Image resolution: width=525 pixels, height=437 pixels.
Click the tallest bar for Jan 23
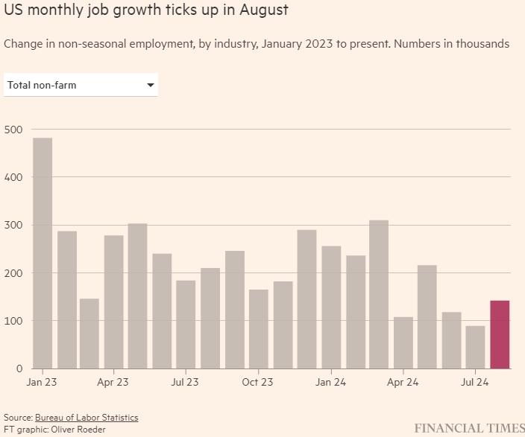click(x=43, y=253)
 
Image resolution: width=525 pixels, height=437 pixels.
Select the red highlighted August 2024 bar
click(x=500, y=334)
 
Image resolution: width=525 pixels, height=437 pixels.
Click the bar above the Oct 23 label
click(x=259, y=328)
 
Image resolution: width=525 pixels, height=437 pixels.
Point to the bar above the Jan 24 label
click(x=331, y=307)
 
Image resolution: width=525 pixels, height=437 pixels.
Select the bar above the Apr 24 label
click(x=403, y=342)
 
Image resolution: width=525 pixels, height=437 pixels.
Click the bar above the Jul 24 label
click(x=475, y=347)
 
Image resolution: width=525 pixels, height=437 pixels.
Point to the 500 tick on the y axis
click(x=14, y=130)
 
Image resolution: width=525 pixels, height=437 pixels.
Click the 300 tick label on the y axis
click(x=14, y=226)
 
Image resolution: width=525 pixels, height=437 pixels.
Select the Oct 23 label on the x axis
click(x=257, y=383)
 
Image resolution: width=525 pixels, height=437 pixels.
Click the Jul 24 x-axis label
click(x=474, y=383)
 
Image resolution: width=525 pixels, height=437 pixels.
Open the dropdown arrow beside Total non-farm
click(x=151, y=86)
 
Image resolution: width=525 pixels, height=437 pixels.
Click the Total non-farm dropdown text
click(x=42, y=86)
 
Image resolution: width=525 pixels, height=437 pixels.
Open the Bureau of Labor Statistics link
click(x=87, y=418)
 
